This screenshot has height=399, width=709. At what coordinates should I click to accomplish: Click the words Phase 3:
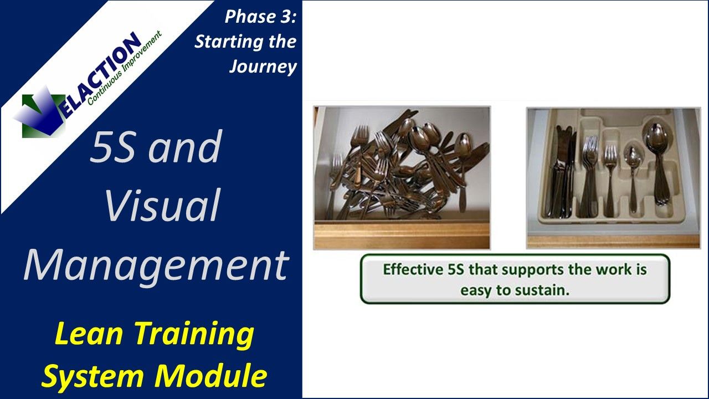(x=260, y=17)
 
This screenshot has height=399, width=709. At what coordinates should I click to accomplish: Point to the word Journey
(x=263, y=66)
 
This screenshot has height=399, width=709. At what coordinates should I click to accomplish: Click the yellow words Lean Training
(x=155, y=335)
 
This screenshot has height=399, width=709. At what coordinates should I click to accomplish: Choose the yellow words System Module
(x=155, y=376)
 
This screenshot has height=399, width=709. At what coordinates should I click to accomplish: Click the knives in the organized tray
(x=562, y=172)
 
